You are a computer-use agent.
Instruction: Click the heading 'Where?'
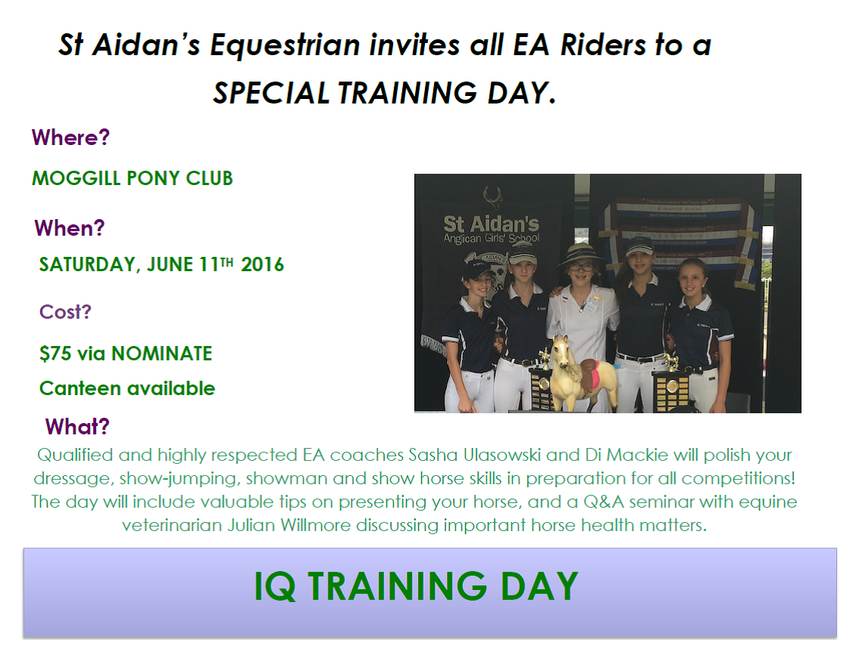tap(70, 137)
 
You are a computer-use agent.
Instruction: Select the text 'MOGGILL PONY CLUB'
tap(132, 178)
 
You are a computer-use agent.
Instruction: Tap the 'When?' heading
tap(70, 227)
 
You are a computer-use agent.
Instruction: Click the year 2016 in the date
tap(262, 265)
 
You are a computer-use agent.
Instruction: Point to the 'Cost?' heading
tap(65, 311)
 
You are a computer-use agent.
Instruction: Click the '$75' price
tap(55, 354)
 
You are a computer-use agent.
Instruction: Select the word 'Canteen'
tap(81, 388)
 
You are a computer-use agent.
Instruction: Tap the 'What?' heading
tap(77, 426)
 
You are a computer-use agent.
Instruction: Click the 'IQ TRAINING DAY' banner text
tap(417, 586)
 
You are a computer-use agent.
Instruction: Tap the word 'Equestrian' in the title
tap(285, 45)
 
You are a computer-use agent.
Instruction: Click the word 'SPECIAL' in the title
tap(271, 93)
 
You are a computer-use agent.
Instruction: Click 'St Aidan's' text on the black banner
tap(491, 224)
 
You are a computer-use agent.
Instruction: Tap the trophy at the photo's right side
tap(672, 386)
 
